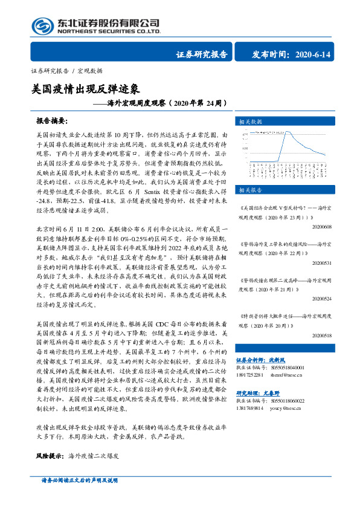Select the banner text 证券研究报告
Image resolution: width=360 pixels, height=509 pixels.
[x=202, y=55]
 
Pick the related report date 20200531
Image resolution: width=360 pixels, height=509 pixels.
[x=323, y=264]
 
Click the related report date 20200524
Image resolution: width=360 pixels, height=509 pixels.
[x=323, y=299]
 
